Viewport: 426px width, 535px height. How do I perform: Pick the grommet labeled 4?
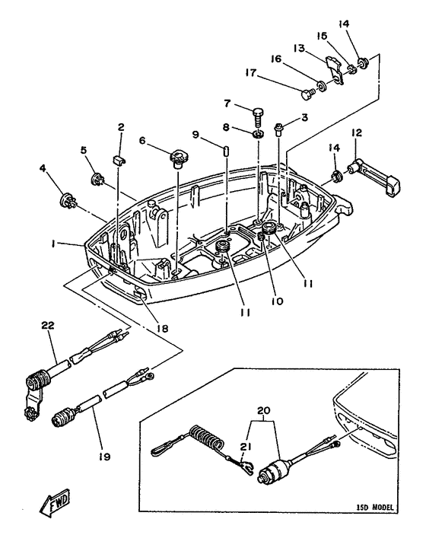click(66, 202)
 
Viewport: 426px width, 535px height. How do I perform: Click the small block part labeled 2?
click(119, 158)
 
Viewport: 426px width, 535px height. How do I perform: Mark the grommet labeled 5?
click(97, 180)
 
